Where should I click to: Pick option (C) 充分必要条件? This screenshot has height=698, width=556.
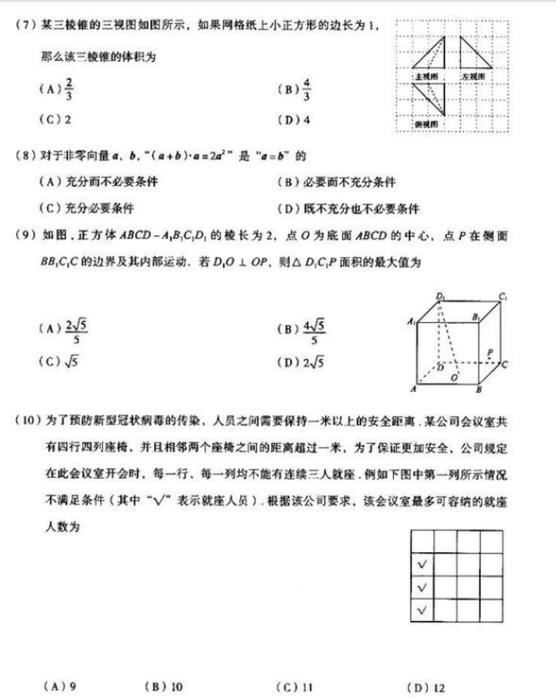tap(85, 209)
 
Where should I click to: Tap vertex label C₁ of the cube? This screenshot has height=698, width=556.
tap(504, 295)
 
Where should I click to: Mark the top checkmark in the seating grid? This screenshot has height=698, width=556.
tap(422, 565)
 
